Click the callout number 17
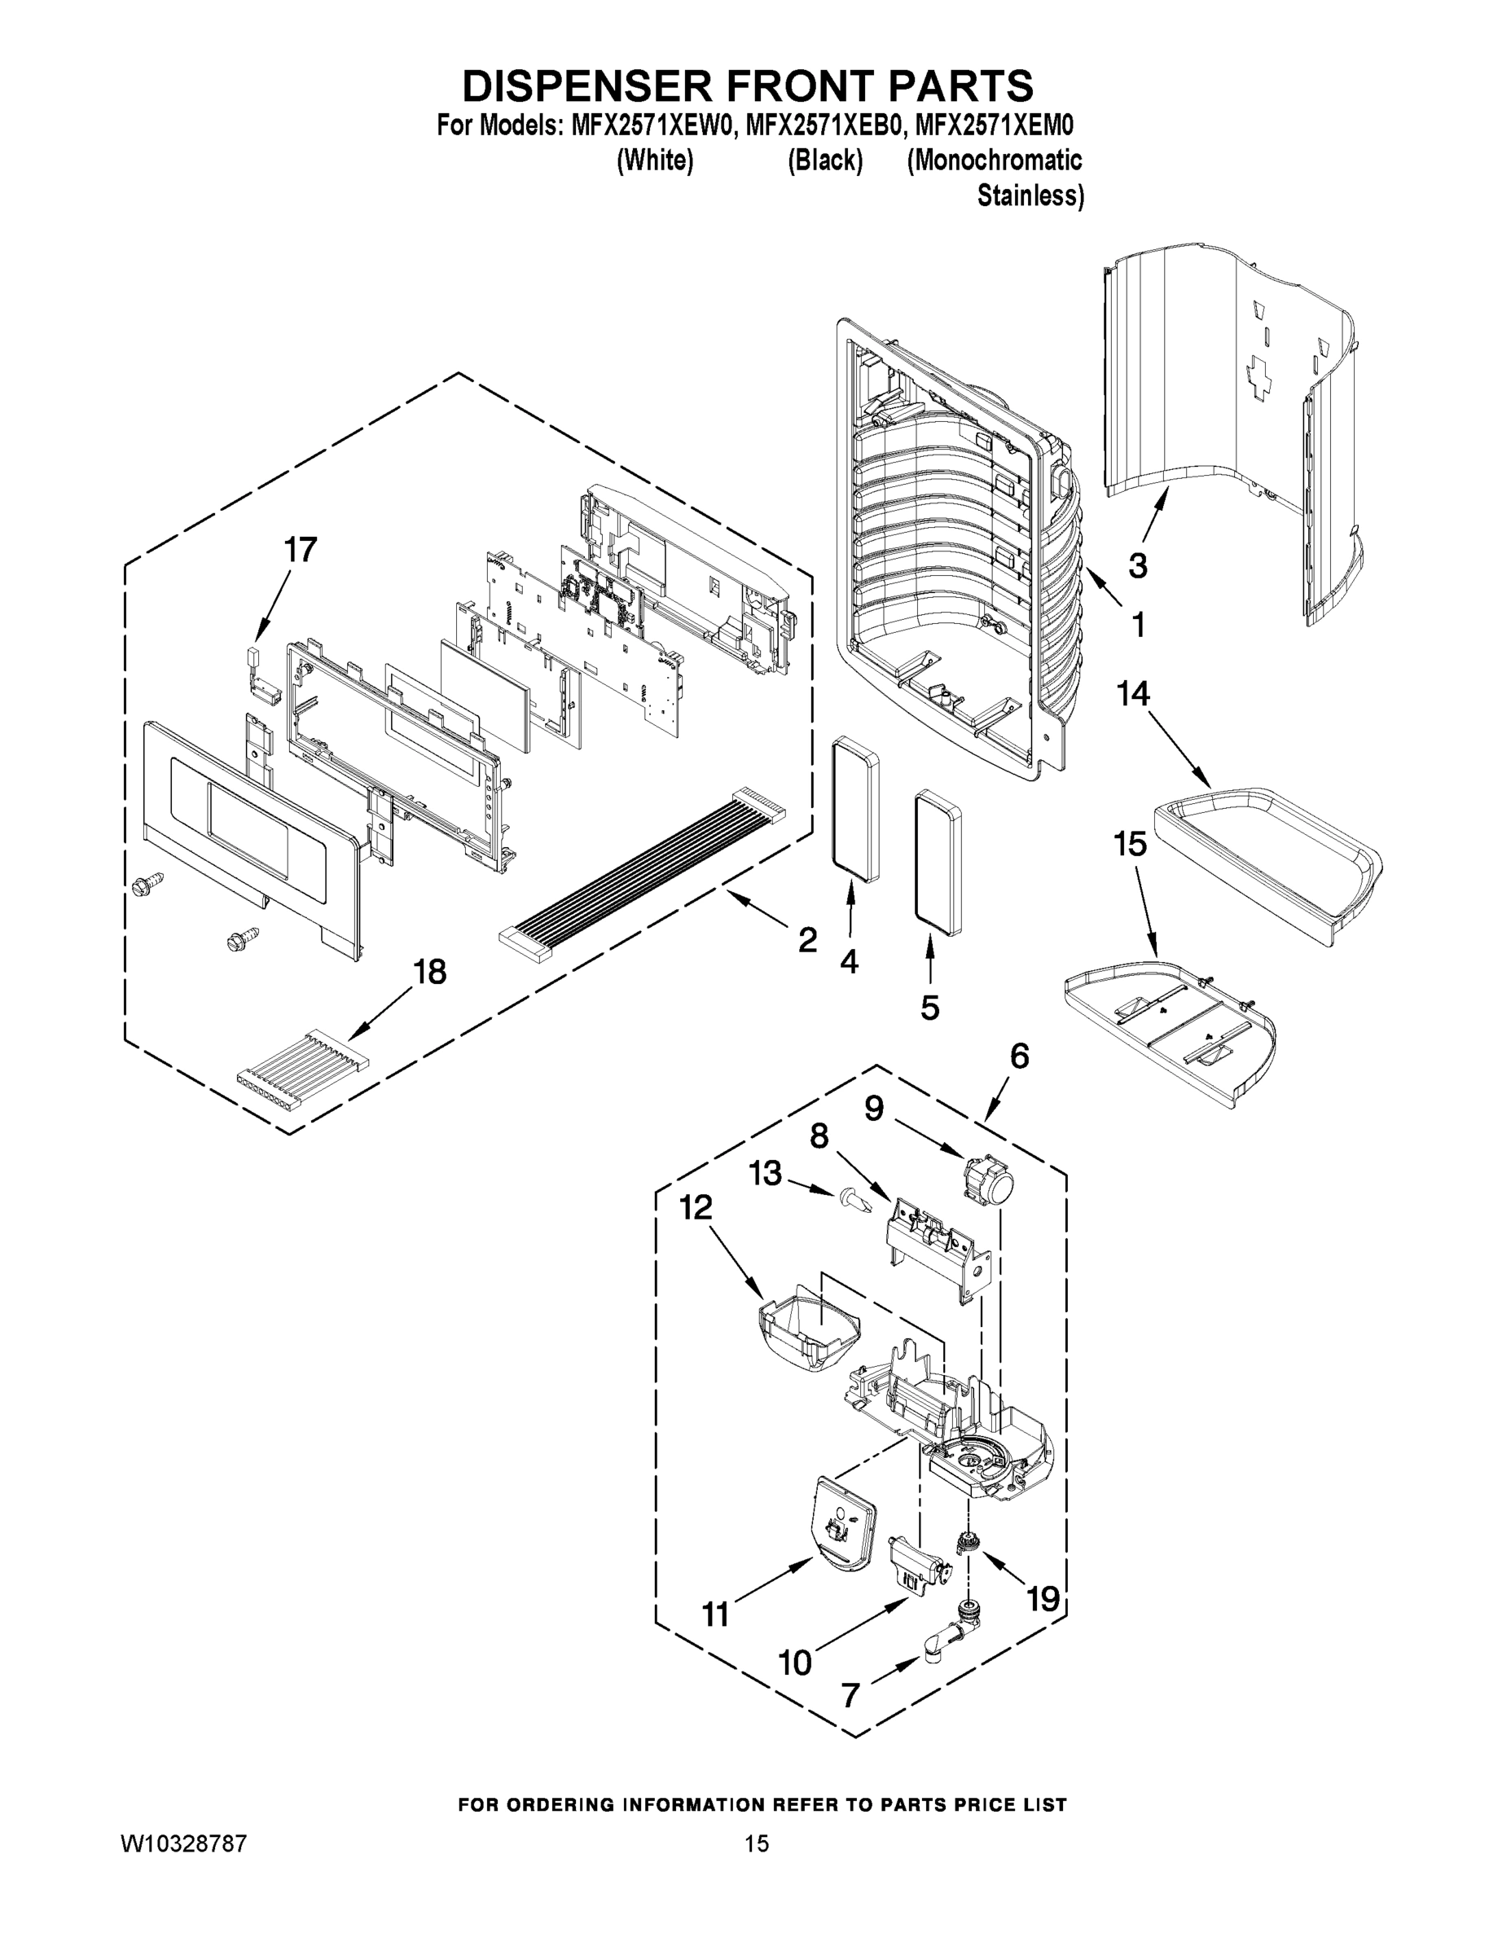300,550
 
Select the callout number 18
429,971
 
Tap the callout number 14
1133,693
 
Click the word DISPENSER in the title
587,87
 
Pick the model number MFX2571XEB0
821,125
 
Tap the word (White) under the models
655,161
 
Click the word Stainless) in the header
1030,196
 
